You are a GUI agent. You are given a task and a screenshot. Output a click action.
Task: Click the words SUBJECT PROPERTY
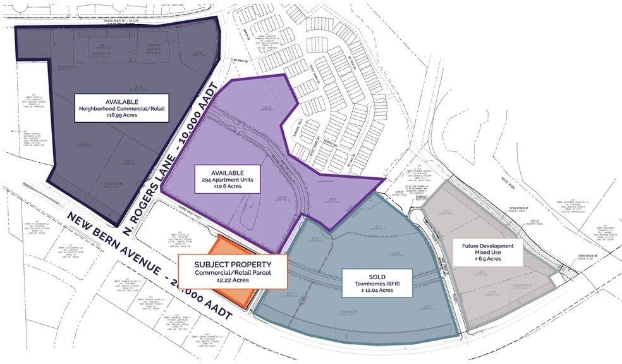click(x=233, y=264)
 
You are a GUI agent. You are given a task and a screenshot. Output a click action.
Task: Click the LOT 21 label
click(x=399, y=191)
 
